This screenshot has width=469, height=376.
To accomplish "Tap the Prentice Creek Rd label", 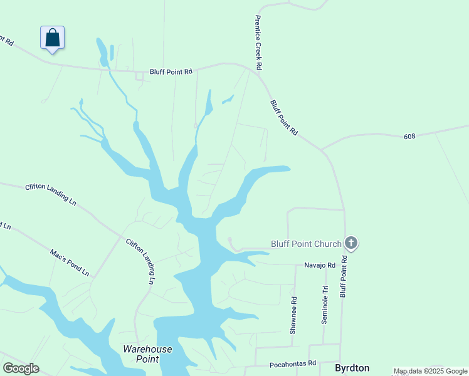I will [258, 42].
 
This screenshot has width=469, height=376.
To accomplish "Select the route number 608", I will [410, 136].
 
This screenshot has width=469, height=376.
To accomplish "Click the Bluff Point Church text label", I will [306, 244].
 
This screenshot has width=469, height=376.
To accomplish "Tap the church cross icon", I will [351, 243].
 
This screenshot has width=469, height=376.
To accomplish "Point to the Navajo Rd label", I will [320, 266].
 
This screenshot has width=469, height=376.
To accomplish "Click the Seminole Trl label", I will [325, 305].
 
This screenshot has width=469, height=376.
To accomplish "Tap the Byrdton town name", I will [352, 368].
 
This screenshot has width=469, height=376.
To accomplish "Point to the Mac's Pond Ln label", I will [70, 263].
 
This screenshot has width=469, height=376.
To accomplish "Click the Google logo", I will [21, 368].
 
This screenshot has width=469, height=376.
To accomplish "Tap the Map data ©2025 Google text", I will [431, 372].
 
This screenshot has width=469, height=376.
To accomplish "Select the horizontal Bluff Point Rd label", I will [171, 72].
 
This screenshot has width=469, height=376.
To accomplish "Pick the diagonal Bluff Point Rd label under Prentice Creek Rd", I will [283, 117].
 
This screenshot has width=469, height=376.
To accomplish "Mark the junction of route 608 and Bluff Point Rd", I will [322, 150].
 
